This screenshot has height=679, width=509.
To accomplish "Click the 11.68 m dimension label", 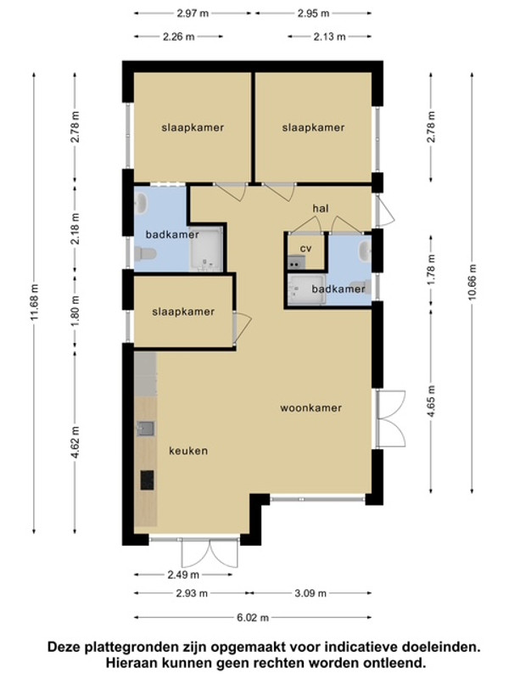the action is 35,302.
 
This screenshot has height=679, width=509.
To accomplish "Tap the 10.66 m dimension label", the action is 473,282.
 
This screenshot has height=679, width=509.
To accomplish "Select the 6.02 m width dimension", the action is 253,618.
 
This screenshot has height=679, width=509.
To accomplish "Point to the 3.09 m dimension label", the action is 310,593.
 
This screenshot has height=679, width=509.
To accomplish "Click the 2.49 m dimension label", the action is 183,575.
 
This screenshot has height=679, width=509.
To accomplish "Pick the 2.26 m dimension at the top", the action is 179,36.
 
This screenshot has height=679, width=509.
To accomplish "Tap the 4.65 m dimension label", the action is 431,401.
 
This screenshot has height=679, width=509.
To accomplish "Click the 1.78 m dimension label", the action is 431,270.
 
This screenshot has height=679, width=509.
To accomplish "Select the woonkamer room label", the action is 310,408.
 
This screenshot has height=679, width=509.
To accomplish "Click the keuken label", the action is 188,451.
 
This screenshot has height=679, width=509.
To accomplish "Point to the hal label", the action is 321,208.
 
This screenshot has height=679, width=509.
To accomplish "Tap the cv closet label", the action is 306,249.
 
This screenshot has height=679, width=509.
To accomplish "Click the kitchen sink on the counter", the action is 145,429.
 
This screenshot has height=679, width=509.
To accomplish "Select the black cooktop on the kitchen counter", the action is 147,480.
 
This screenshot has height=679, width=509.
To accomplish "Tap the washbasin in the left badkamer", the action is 141,204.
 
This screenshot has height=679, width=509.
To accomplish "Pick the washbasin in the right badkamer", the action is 365,250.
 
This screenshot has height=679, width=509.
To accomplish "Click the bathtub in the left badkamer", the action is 206,250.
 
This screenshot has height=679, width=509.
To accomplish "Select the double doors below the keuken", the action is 210,553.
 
